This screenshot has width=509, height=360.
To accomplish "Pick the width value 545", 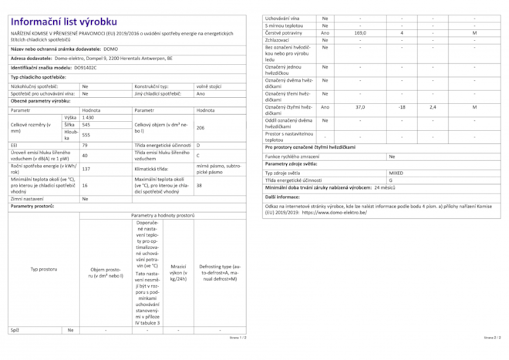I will [86, 124].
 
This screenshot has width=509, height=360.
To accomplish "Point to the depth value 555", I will [86, 135].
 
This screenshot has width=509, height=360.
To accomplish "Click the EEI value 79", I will [85, 145].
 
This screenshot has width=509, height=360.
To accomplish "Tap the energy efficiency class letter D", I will [198, 145].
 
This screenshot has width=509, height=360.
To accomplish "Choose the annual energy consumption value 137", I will [86, 168].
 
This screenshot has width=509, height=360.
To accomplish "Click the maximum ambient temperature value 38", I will [199, 186].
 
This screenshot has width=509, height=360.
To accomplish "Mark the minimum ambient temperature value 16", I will [85, 186].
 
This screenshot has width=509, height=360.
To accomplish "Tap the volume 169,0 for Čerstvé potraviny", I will [360, 33].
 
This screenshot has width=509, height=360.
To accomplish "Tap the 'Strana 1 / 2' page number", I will [237, 338].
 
